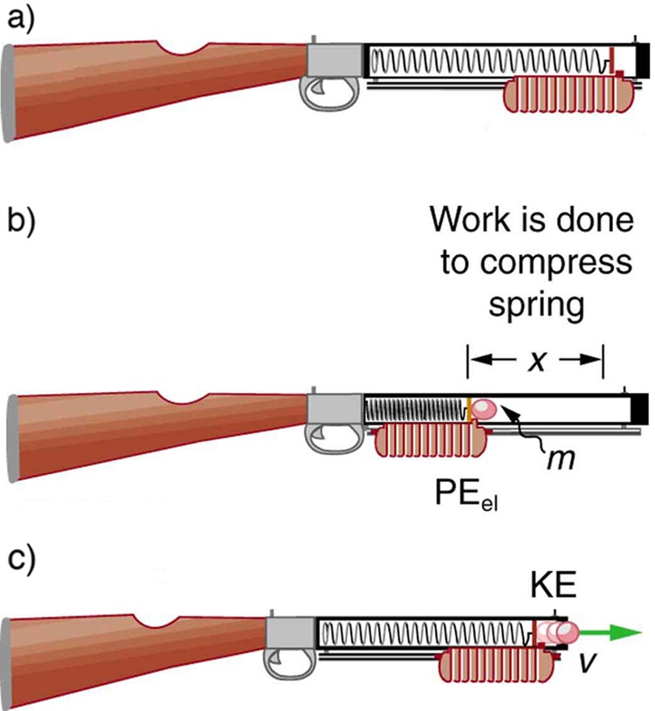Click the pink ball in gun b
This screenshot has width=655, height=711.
[483, 409]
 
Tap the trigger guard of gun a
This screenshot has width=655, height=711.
[328, 90]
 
